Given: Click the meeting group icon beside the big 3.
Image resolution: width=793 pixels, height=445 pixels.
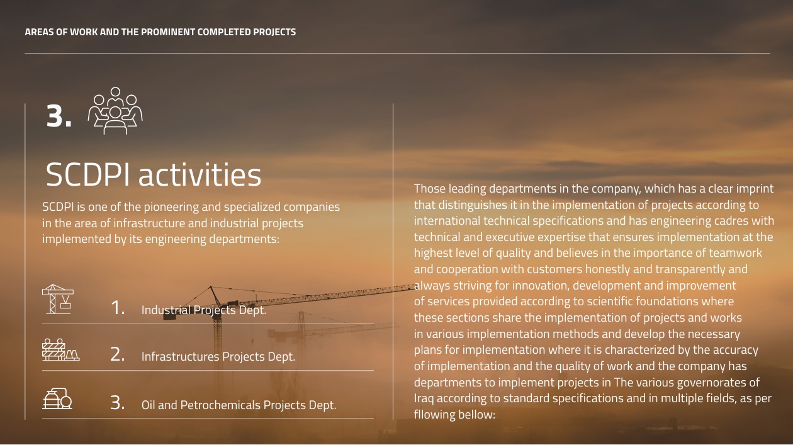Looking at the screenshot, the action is coord(115,110).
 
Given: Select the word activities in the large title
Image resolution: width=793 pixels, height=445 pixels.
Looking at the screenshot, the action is coord(200,174).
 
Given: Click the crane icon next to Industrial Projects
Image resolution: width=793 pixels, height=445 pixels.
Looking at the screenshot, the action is coord(58,299).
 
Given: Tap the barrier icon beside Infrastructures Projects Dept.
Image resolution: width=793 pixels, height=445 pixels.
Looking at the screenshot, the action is coord(60,350).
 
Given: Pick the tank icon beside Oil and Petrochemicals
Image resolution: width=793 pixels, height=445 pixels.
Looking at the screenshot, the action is coord(57,398).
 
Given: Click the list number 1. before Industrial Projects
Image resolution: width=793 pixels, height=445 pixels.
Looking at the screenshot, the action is coord(118,307).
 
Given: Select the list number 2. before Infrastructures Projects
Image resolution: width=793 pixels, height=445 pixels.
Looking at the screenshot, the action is coord(118,354).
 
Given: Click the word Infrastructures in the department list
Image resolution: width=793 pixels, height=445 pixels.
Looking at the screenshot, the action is coord(180,356).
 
